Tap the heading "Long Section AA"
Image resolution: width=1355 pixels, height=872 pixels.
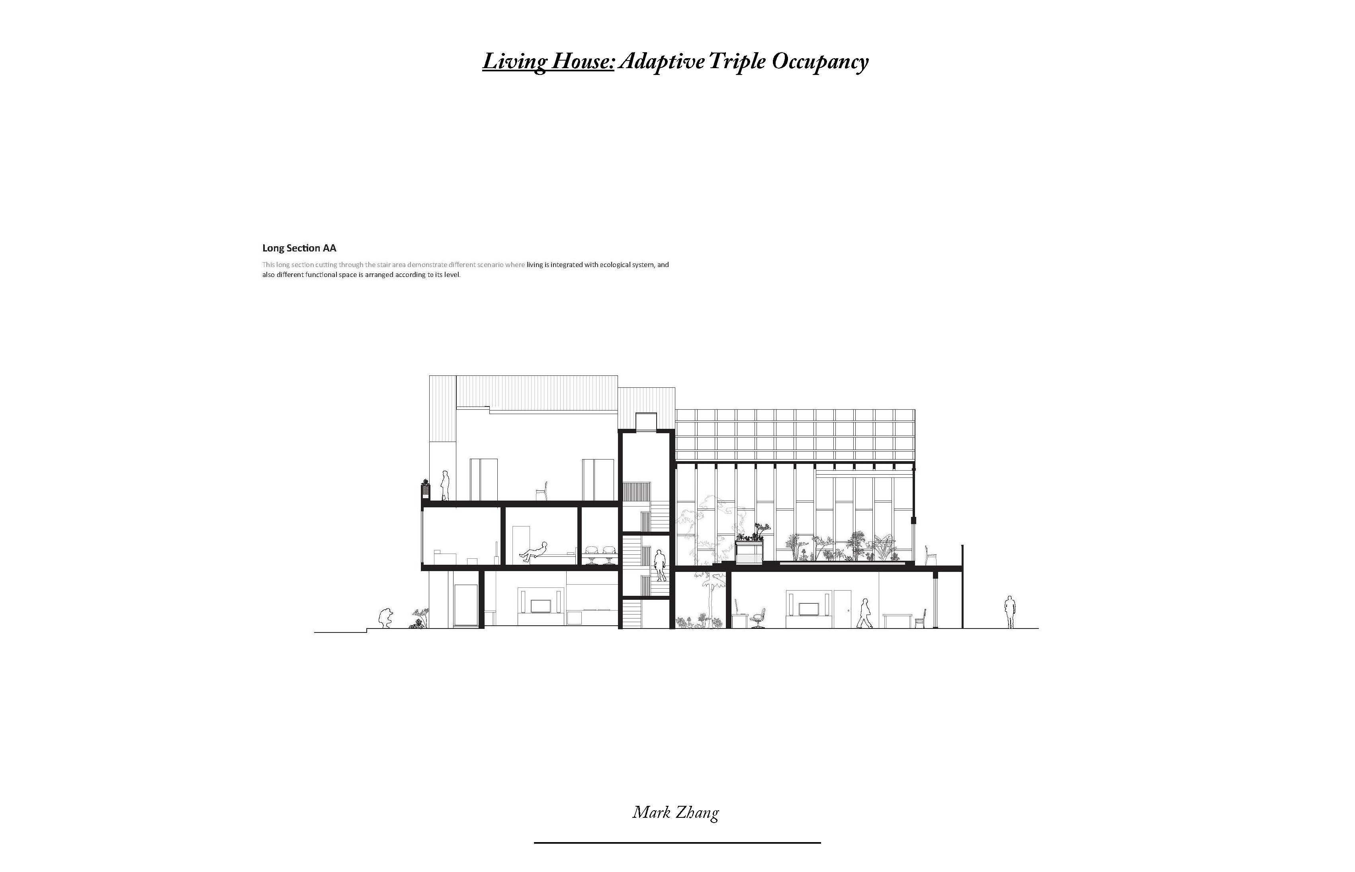click(x=299, y=248)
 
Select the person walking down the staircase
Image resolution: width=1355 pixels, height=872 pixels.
click(x=659, y=565)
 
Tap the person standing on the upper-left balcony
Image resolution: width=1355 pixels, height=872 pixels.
click(x=445, y=485)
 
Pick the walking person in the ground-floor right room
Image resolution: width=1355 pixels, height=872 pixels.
click(x=864, y=613)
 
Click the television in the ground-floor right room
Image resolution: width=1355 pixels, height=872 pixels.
click(x=808, y=609)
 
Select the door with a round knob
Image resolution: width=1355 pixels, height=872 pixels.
click(x=843, y=609)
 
